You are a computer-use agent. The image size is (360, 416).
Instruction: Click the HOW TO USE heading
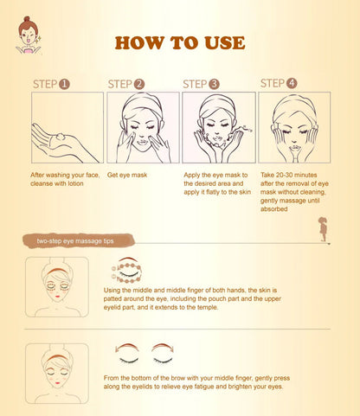[179, 42]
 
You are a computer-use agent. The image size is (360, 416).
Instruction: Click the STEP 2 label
[126, 84]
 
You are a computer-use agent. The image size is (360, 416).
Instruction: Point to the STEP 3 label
[201, 84]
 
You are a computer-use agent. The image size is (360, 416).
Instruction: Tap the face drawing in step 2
[143, 127]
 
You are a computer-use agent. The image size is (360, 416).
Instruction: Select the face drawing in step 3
[217, 127]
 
